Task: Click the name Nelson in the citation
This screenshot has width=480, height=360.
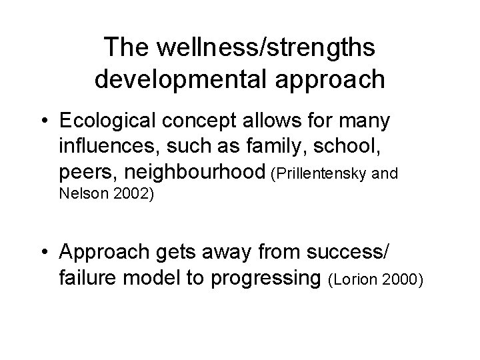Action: tap(77, 195)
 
